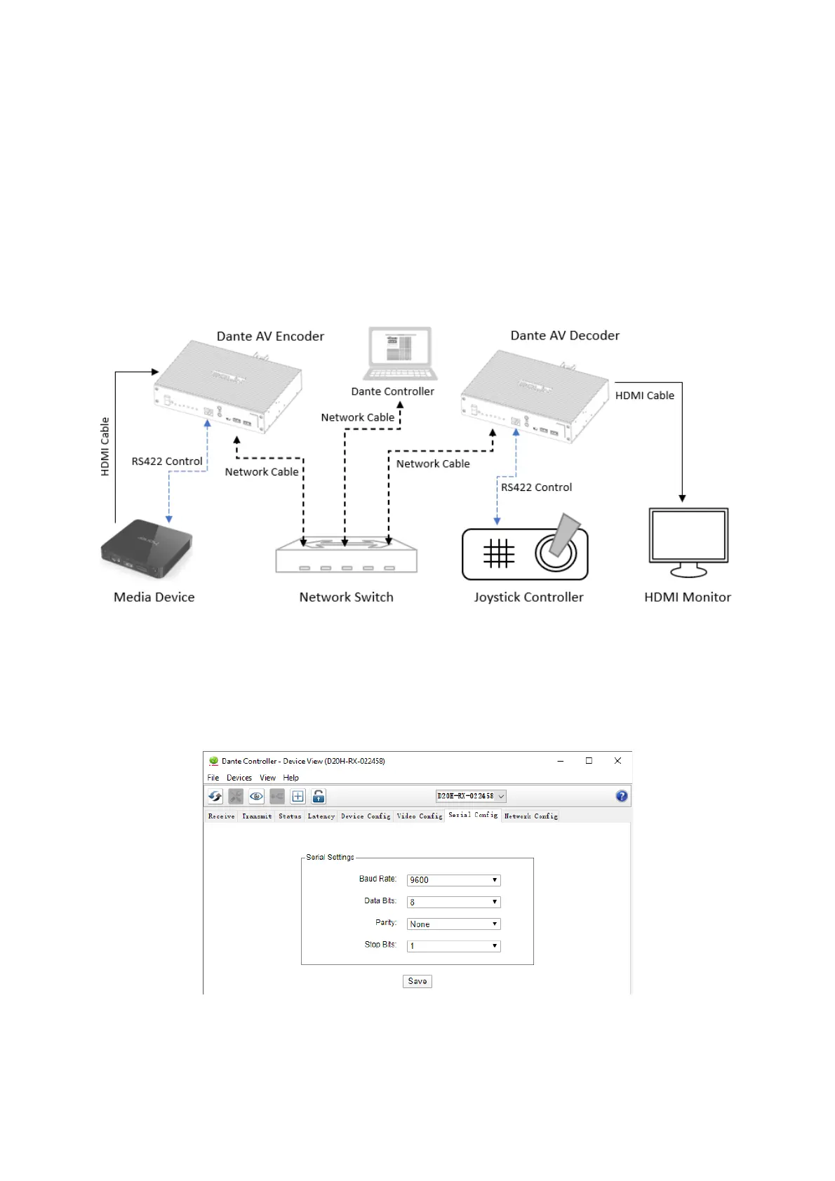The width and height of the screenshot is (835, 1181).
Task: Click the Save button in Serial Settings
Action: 417,981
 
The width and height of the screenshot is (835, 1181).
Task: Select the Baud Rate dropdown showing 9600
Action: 453,880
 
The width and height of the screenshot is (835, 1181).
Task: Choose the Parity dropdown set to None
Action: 453,924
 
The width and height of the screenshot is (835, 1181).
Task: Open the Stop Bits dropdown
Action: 453,946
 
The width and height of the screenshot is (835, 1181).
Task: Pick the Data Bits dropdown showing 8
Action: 453,902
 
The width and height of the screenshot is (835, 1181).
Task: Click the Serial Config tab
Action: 473,815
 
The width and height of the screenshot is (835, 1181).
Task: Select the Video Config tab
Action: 420,816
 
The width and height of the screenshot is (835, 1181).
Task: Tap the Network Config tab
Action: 531,816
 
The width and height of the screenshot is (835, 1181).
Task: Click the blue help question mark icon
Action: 622,796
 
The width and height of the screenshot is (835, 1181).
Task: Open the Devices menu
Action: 239,778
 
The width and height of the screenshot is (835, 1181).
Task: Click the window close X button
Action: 617,761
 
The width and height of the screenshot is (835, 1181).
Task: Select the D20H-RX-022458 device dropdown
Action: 471,796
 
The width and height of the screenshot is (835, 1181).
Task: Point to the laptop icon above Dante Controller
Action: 401,353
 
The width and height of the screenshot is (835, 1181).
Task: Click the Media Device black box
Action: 147,548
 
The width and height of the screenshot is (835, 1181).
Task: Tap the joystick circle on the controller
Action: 556,553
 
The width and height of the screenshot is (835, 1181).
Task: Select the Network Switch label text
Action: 347,598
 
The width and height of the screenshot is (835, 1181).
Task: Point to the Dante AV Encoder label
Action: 270,337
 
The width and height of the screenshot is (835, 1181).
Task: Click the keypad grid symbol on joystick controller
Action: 499,554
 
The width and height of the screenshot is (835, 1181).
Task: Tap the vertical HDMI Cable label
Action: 105,447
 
